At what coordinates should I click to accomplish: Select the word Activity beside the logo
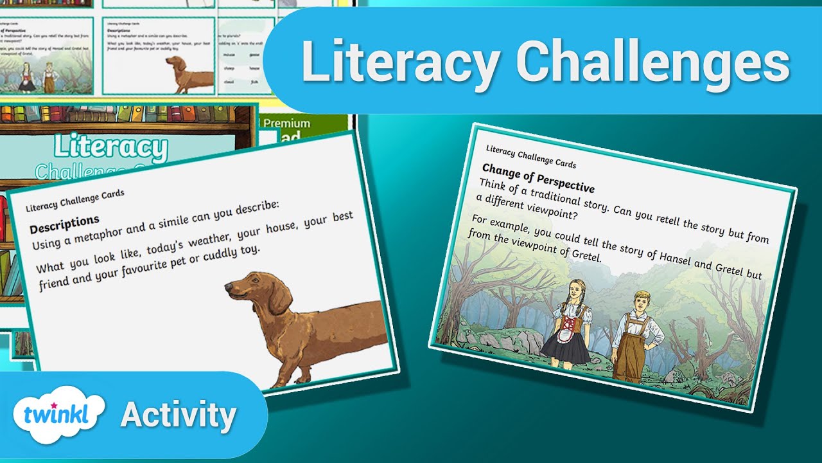pos(179,415)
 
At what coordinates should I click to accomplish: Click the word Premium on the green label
pos(286,123)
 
